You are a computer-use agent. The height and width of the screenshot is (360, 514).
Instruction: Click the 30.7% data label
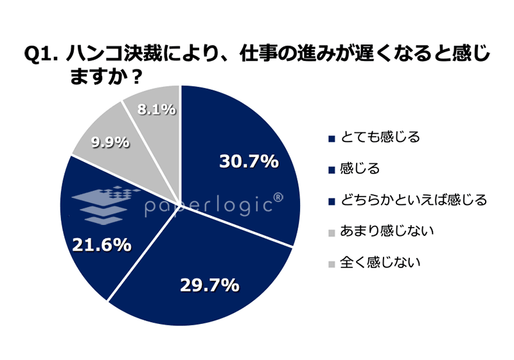(249, 162)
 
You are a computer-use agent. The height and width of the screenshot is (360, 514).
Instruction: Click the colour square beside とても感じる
(332, 138)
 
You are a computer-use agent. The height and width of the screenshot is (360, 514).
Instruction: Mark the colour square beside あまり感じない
(332, 232)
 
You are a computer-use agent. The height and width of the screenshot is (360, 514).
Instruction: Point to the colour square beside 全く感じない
(332, 264)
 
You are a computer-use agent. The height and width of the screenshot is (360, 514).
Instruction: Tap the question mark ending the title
(136, 76)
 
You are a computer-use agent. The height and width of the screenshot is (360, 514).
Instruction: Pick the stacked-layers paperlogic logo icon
(106, 204)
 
